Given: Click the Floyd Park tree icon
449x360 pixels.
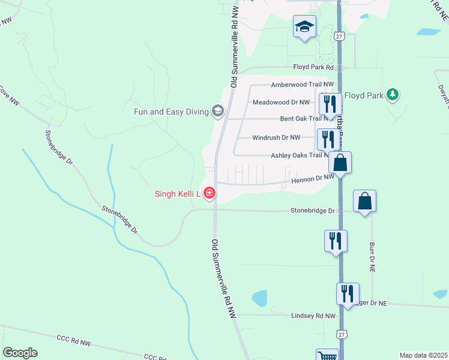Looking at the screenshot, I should click(393, 94).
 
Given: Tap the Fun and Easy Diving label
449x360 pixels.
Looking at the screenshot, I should click(170, 111).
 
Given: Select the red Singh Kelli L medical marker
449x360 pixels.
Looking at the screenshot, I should click(209, 193).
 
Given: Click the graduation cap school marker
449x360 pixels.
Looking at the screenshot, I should click(304, 26).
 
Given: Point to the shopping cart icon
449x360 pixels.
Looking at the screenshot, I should click(327, 356).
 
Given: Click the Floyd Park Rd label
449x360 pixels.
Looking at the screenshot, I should click(313, 67).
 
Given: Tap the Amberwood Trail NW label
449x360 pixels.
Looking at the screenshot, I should click(302, 85).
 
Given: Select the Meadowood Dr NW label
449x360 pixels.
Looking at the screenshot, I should click(281, 102).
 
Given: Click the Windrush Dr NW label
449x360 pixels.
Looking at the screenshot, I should click(276, 137).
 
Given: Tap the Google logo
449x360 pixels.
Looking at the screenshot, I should click(20, 353).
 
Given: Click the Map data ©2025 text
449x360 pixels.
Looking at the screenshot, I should click(423, 355).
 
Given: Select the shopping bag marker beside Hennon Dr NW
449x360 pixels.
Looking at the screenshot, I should click(340, 162).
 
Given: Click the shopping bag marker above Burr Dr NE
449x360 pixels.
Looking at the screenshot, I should click(364, 201).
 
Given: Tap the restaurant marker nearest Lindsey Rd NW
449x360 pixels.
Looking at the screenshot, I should click(348, 293).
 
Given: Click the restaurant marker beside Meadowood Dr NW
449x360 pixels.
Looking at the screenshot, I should click(330, 104).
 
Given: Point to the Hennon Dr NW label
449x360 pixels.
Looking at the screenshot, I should click(312, 178).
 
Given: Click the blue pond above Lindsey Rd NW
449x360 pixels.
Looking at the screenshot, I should click(259, 298).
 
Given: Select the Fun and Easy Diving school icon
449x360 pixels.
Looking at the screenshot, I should click(217, 111).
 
